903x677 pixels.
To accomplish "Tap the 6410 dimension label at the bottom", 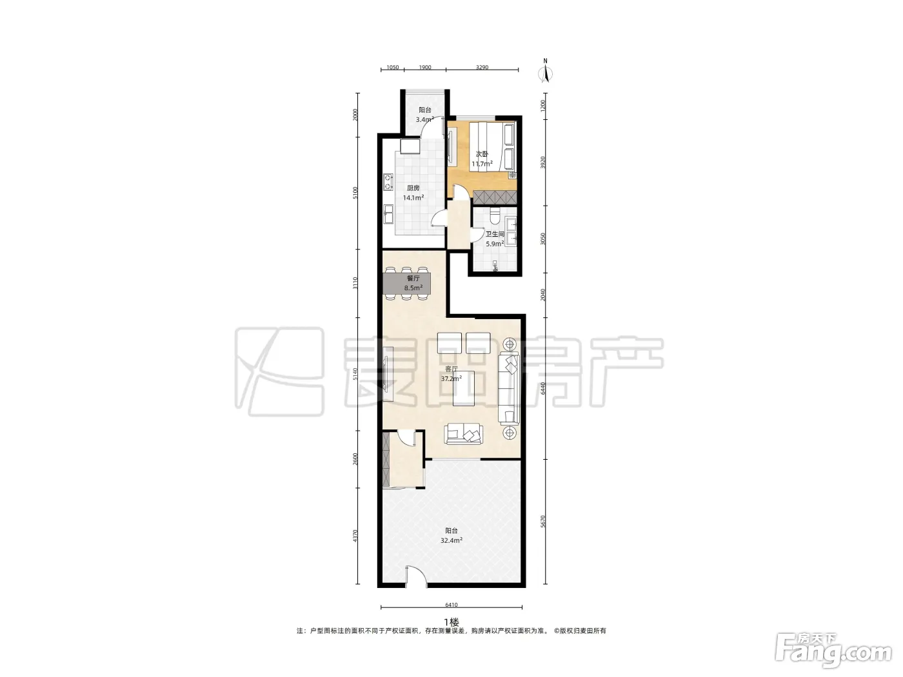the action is pyautogui.click(x=451, y=604).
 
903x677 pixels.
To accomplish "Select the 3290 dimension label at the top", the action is pyautogui.click(x=482, y=67).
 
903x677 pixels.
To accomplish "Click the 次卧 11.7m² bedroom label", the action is pyautogui.click(x=482, y=159).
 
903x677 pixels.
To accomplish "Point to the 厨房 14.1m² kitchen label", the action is pyautogui.click(x=413, y=193).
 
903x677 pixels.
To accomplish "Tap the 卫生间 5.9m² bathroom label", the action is pyautogui.click(x=495, y=239).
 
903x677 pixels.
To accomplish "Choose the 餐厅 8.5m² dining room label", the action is pyautogui.click(x=413, y=283).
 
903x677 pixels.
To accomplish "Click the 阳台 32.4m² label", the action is pyautogui.click(x=451, y=536).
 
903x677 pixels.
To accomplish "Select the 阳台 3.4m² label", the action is pyautogui.click(x=424, y=115).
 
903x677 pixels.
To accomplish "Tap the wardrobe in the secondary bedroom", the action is pyautogui.click(x=495, y=197).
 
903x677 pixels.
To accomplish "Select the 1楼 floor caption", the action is pyautogui.click(x=451, y=622).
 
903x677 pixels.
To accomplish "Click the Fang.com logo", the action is pyautogui.click(x=833, y=651).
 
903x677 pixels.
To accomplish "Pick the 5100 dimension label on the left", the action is pyautogui.click(x=355, y=193).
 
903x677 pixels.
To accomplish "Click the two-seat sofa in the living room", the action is pyautogui.click(x=464, y=434).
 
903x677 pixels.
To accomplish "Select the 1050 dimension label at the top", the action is pyautogui.click(x=392, y=67).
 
